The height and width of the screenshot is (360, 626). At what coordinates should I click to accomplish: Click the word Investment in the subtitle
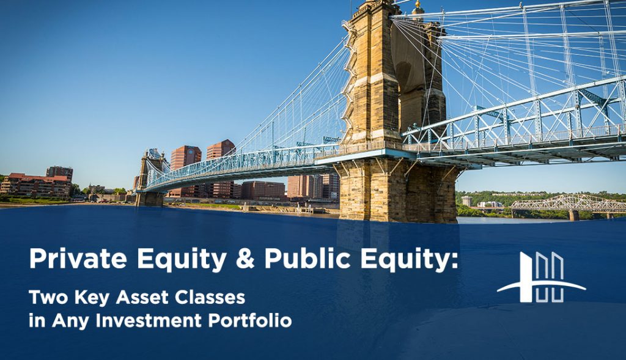(x=147, y=320)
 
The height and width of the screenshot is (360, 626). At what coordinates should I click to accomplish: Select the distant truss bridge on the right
(x=565, y=203)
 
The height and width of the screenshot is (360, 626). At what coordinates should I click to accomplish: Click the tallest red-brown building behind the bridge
(x=220, y=165)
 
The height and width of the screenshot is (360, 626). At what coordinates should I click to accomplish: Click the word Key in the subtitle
(x=87, y=298)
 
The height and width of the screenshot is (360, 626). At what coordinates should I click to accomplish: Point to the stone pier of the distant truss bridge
(x=573, y=215)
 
